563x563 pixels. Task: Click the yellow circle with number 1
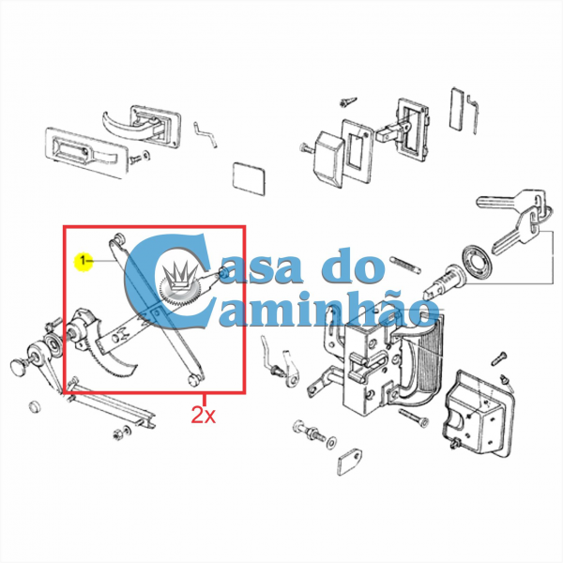click(x=83, y=259)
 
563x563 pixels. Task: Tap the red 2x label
click(x=204, y=414)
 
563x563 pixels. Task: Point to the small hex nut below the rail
click(x=120, y=434)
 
